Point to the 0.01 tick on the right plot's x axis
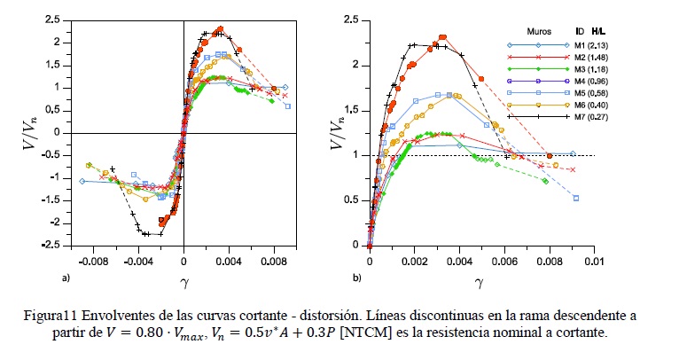click(x=593, y=262)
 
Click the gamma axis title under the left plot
click(x=184, y=282)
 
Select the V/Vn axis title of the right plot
click(x=337, y=132)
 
